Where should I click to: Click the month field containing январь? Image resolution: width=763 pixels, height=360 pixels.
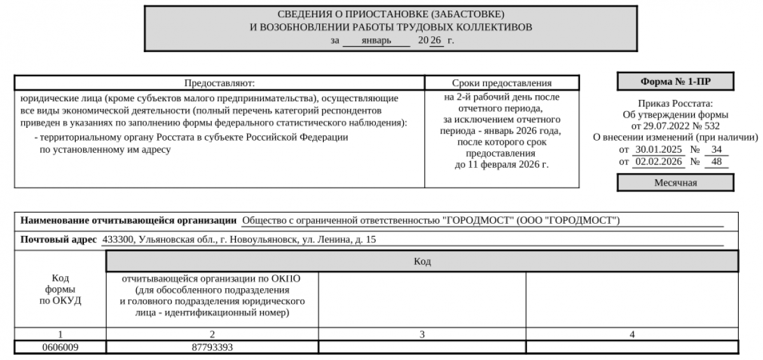(376, 41)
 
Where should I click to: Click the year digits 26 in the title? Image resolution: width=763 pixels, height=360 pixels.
(436, 41)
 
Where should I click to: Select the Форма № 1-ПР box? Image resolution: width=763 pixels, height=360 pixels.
(675, 81)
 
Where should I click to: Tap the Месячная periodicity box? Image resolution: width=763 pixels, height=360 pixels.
(675, 183)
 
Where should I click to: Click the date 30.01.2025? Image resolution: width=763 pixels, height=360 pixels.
(658, 149)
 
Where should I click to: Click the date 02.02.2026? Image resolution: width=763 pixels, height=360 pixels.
(658, 162)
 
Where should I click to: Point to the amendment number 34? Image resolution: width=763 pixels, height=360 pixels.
(717, 149)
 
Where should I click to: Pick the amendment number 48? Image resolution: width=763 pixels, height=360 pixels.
(717, 162)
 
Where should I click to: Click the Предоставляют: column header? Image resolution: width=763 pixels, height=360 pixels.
(219, 83)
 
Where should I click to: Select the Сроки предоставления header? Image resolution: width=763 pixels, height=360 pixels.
(502, 83)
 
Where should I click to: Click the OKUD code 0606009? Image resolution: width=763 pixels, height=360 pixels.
(60, 347)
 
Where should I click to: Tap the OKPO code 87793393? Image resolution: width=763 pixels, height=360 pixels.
(212, 347)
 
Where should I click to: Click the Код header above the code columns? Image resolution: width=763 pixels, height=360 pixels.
(422, 261)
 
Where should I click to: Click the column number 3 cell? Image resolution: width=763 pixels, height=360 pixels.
(422, 335)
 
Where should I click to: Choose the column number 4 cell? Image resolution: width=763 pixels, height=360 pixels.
(632, 335)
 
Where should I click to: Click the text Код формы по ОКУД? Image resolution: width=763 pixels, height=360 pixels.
(60, 289)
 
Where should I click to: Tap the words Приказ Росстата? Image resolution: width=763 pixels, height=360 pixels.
(675, 104)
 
